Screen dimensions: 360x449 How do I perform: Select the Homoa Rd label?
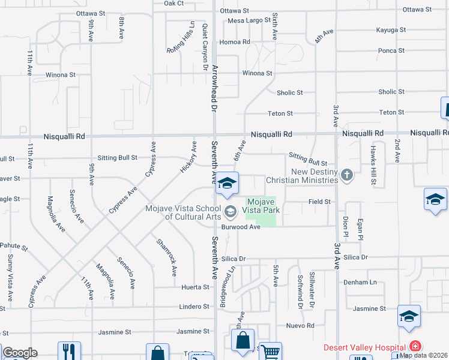click(x=235, y=42)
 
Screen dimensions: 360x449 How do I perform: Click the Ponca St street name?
click(x=391, y=51)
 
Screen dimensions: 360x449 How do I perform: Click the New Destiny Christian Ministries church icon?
click(x=346, y=175)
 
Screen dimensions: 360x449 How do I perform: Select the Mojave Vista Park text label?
click(x=261, y=206)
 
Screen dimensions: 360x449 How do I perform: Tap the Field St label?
click(x=319, y=202)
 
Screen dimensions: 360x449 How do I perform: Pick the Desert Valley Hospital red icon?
click(x=414, y=347)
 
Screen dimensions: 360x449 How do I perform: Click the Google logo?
click(x=20, y=353)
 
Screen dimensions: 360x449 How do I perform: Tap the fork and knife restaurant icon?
click(x=69, y=352)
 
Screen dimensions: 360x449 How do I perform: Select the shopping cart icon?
click(x=270, y=353)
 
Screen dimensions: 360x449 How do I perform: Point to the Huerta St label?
click(x=196, y=287)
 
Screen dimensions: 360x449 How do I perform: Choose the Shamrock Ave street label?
click(x=166, y=257)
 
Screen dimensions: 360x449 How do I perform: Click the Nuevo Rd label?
click(x=301, y=326)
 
